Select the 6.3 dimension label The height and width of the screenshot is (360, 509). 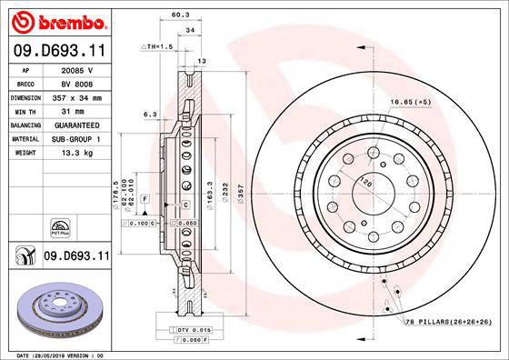[152, 115]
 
